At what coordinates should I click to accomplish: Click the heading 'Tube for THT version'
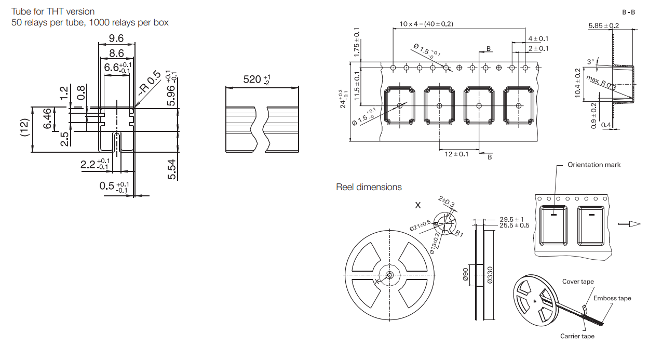(x=53, y=11)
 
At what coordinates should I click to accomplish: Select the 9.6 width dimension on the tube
(x=116, y=38)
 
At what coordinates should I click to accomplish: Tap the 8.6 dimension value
(x=116, y=53)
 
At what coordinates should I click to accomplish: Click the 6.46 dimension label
(x=47, y=119)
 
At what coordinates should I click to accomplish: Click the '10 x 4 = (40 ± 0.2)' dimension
(x=426, y=24)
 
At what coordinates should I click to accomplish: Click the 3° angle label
(x=591, y=62)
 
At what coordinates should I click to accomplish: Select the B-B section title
(x=628, y=12)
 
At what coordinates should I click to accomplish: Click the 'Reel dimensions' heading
(x=369, y=187)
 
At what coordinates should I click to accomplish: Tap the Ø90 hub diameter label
(x=466, y=275)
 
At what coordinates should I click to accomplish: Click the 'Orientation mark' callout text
(x=593, y=165)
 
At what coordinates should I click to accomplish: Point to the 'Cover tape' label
(x=578, y=282)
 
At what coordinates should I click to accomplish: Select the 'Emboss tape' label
(x=612, y=298)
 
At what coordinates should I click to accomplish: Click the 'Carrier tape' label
(x=577, y=336)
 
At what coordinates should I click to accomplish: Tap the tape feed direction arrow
(x=629, y=224)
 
